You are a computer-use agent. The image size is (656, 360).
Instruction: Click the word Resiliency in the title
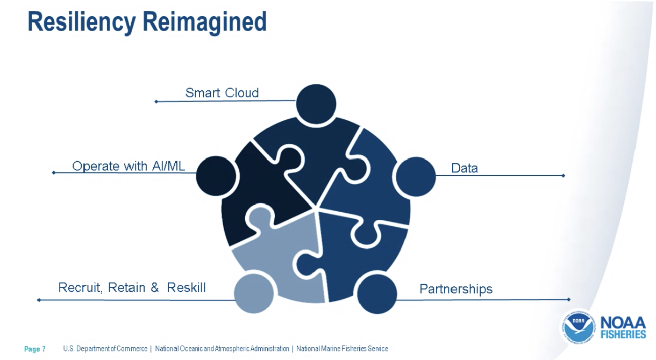pyautogui.click(x=82, y=23)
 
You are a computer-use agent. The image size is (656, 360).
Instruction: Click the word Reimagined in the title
pyautogui.click(x=205, y=23)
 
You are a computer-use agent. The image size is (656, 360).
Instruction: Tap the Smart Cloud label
pyautogui.click(x=222, y=93)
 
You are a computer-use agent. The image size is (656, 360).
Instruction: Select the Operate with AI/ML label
pyautogui.click(x=129, y=166)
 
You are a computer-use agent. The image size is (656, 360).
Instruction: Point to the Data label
pyautogui.click(x=465, y=168)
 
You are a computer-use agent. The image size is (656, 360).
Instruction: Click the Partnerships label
pyautogui.click(x=456, y=289)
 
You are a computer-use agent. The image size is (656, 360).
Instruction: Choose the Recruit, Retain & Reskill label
pyautogui.click(x=132, y=287)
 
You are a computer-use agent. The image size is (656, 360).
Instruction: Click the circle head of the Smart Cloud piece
pyautogui.click(x=316, y=104)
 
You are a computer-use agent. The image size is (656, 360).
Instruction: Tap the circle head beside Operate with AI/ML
pyautogui.click(x=216, y=176)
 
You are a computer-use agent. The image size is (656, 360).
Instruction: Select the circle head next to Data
pyautogui.click(x=416, y=176)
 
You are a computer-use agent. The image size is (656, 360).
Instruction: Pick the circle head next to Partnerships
pyautogui.click(x=377, y=294)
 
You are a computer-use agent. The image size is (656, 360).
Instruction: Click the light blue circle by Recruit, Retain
pyautogui.click(x=254, y=293)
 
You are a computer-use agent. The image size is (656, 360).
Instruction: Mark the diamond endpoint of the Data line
pyautogui.click(x=563, y=176)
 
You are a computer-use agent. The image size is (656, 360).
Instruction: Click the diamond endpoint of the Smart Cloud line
pyautogui.click(x=156, y=102)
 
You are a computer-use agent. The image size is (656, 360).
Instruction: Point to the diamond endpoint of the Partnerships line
pyautogui.click(x=569, y=299)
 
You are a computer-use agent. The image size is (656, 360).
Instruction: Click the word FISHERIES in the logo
pyautogui.click(x=623, y=334)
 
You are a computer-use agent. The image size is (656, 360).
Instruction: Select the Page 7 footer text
pyautogui.click(x=35, y=349)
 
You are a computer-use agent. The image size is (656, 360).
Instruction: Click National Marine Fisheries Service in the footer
pyautogui.click(x=342, y=349)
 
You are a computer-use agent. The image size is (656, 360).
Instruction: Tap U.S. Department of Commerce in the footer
pyautogui.click(x=105, y=349)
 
